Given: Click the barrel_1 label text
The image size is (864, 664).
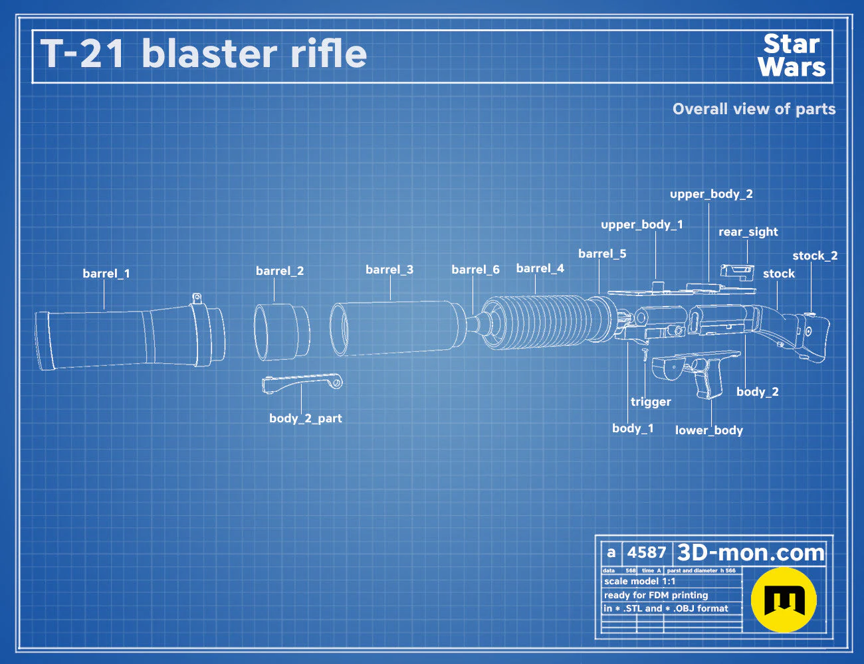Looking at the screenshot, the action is pos(106,274).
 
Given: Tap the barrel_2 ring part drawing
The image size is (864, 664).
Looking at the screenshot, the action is pos(282,332).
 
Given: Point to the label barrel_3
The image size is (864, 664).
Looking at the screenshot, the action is pos(389,270).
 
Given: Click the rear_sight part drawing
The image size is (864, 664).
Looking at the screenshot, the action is pos(737,272).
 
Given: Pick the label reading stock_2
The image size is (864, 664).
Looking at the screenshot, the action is pos(815,256).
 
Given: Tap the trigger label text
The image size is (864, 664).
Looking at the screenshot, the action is pos(651,402).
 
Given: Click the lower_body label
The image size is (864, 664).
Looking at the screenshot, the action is pos(709,430).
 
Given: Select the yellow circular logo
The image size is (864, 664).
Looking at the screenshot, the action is pos(784,600).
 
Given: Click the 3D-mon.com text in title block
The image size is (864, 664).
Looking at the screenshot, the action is pos(750,552).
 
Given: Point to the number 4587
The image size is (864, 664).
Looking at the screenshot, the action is pos(646,552).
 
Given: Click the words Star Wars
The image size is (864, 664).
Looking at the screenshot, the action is pos(792,56).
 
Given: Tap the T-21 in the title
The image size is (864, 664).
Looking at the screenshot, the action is pos(82,54).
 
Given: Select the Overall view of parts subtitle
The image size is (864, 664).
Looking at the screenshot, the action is pos(754,109).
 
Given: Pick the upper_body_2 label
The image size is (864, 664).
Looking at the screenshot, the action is pos(711,194).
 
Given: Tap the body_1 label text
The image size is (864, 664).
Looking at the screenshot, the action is pos(633,428).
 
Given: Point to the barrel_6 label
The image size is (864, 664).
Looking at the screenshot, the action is pos(476,270).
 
